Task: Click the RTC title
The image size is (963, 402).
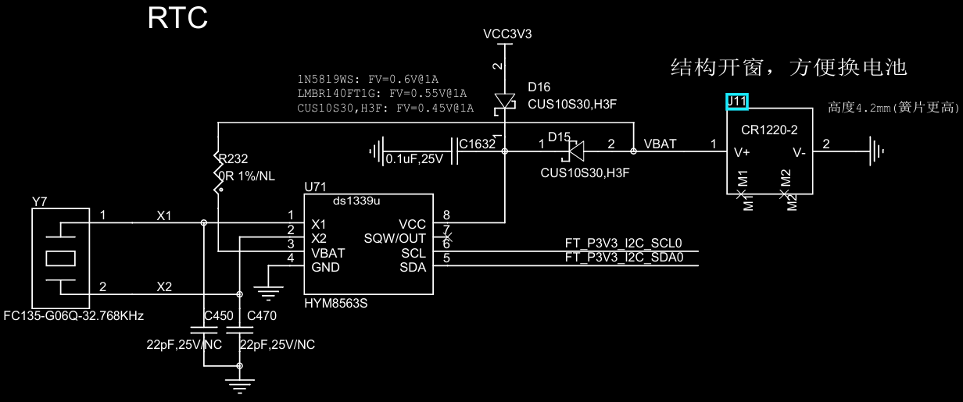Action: (177, 18)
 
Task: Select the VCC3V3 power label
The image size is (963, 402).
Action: (507, 34)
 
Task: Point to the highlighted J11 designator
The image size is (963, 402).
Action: (737, 101)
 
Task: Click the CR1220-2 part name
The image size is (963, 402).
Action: (769, 130)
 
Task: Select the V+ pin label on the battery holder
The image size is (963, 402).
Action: (742, 152)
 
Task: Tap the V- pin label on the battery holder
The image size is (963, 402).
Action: (799, 152)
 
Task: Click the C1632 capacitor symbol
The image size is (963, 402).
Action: (454, 151)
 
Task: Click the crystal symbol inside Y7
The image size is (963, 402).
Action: (61, 258)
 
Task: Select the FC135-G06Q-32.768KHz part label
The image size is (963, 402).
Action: (73, 316)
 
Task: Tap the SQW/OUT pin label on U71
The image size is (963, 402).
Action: (395, 238)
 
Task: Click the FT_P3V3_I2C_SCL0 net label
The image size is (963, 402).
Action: (624, 243)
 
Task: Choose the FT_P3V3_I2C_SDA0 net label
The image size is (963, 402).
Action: (625, 258)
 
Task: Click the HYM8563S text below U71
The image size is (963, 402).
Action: (336, 303)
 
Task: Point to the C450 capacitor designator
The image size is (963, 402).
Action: (218, 316)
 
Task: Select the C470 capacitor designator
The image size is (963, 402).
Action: (262, 316)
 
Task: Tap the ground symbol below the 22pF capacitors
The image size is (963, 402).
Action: (239, 386)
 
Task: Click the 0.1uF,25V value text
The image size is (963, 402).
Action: (414, 159)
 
